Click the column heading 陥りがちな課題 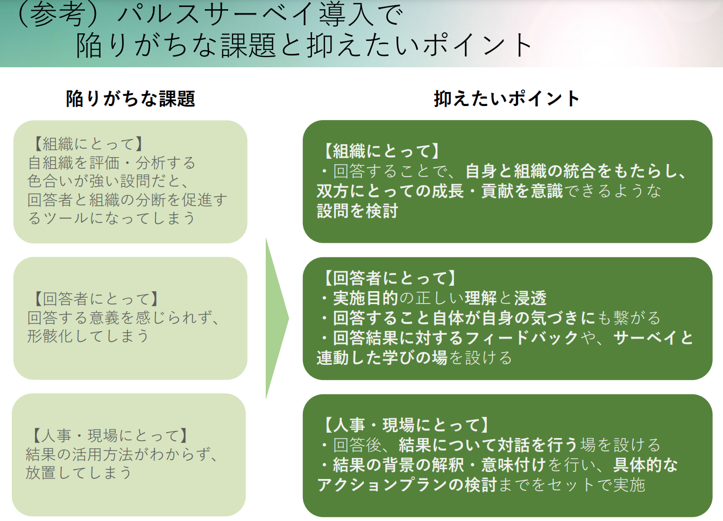130,99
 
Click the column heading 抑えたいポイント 507,98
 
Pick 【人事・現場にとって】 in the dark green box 406,425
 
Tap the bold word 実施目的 366,298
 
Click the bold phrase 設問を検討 357,211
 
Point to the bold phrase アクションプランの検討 407,485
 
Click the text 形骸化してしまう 88,336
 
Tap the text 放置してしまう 79,473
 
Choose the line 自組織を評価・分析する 111,163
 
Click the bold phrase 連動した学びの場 382,358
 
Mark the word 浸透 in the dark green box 530,298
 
